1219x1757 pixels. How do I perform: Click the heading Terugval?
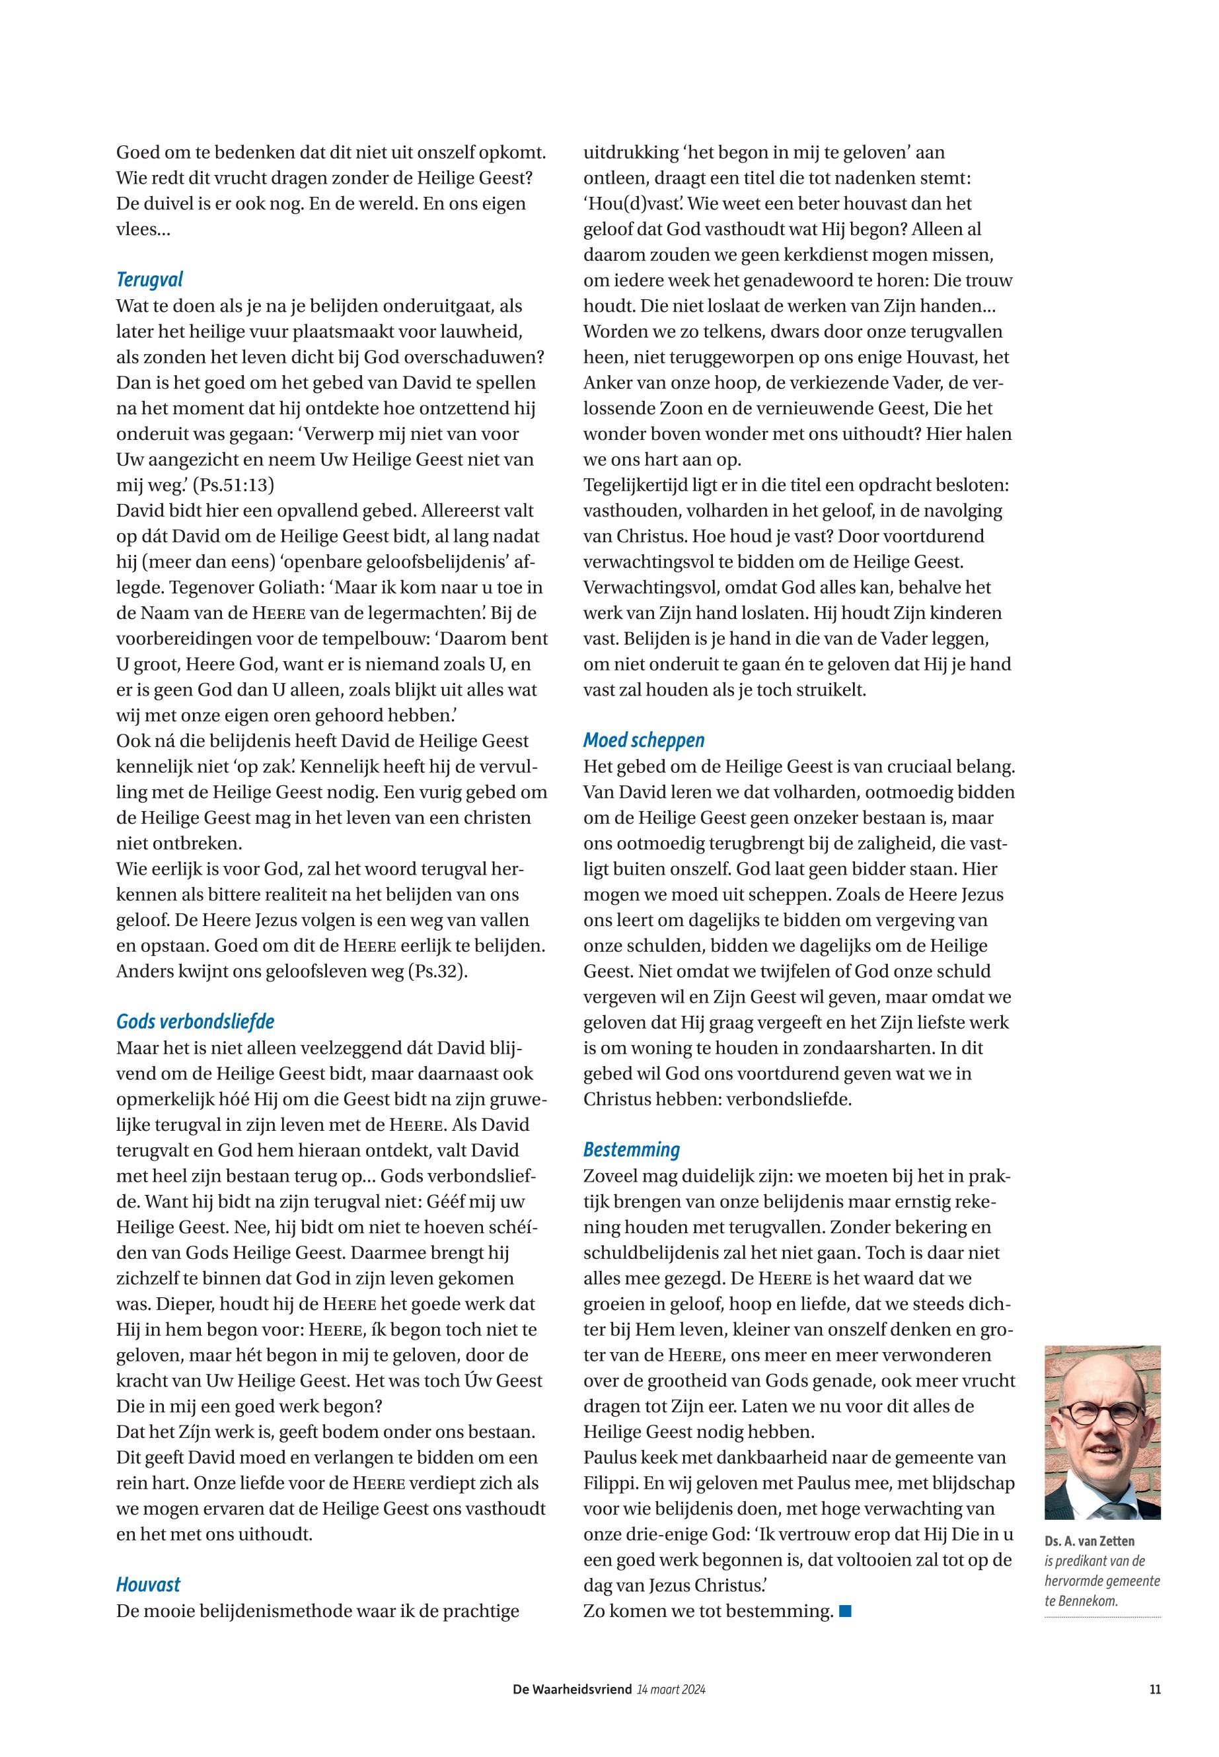150,280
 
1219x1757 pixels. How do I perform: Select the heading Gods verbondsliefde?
195,1022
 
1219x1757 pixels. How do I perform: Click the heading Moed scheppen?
644,740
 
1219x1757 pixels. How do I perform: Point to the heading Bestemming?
632,1150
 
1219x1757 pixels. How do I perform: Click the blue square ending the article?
845,1612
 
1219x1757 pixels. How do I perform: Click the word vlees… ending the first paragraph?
143,230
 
